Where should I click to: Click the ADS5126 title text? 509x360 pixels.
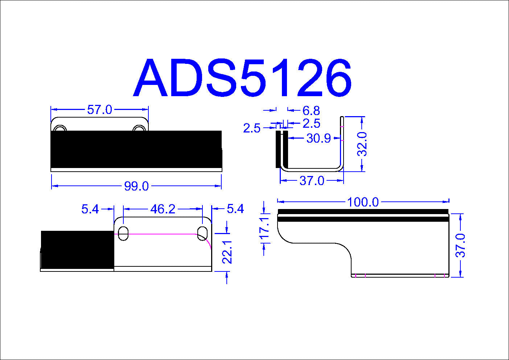click(242, 78)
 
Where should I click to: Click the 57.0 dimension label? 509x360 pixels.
click(99, 110)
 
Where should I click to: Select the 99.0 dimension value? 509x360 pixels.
click(136, 187)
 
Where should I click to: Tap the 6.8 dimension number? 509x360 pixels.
click(311, 111)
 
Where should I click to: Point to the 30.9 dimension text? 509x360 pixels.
click(319, 138)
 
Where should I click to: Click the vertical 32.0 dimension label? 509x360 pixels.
click(362, 144)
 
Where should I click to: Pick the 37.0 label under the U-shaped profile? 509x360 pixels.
click(312, 181)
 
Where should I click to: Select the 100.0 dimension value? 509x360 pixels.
click(363, 202)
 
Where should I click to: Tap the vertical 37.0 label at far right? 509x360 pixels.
click(460, 245)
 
